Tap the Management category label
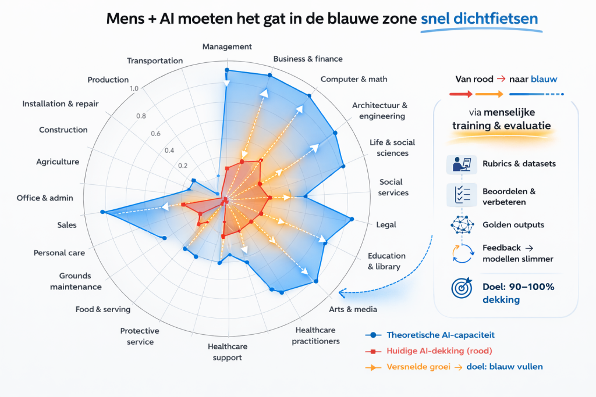pyautogui.click(x=227, y=47)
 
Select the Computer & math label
pyautogui.click(x=354, y=79)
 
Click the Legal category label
pyautogui.click(x=386, y=224)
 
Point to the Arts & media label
pyautogui.click(x=353, y=309)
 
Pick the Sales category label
pyautogui.click(x=66, y=225)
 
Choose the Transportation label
pyautogui.click(x=155, y=60)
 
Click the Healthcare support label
pyautogui.click(x=228, y=352)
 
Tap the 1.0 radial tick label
pyautogui.click(x=134, y=88)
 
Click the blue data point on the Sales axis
pyautogui.click(x=102, y=212)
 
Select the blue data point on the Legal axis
pyautogui.click(x=352, y=219)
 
